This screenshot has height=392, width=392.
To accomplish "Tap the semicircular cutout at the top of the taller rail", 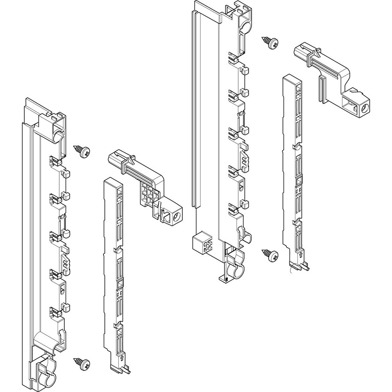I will [244, 28].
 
